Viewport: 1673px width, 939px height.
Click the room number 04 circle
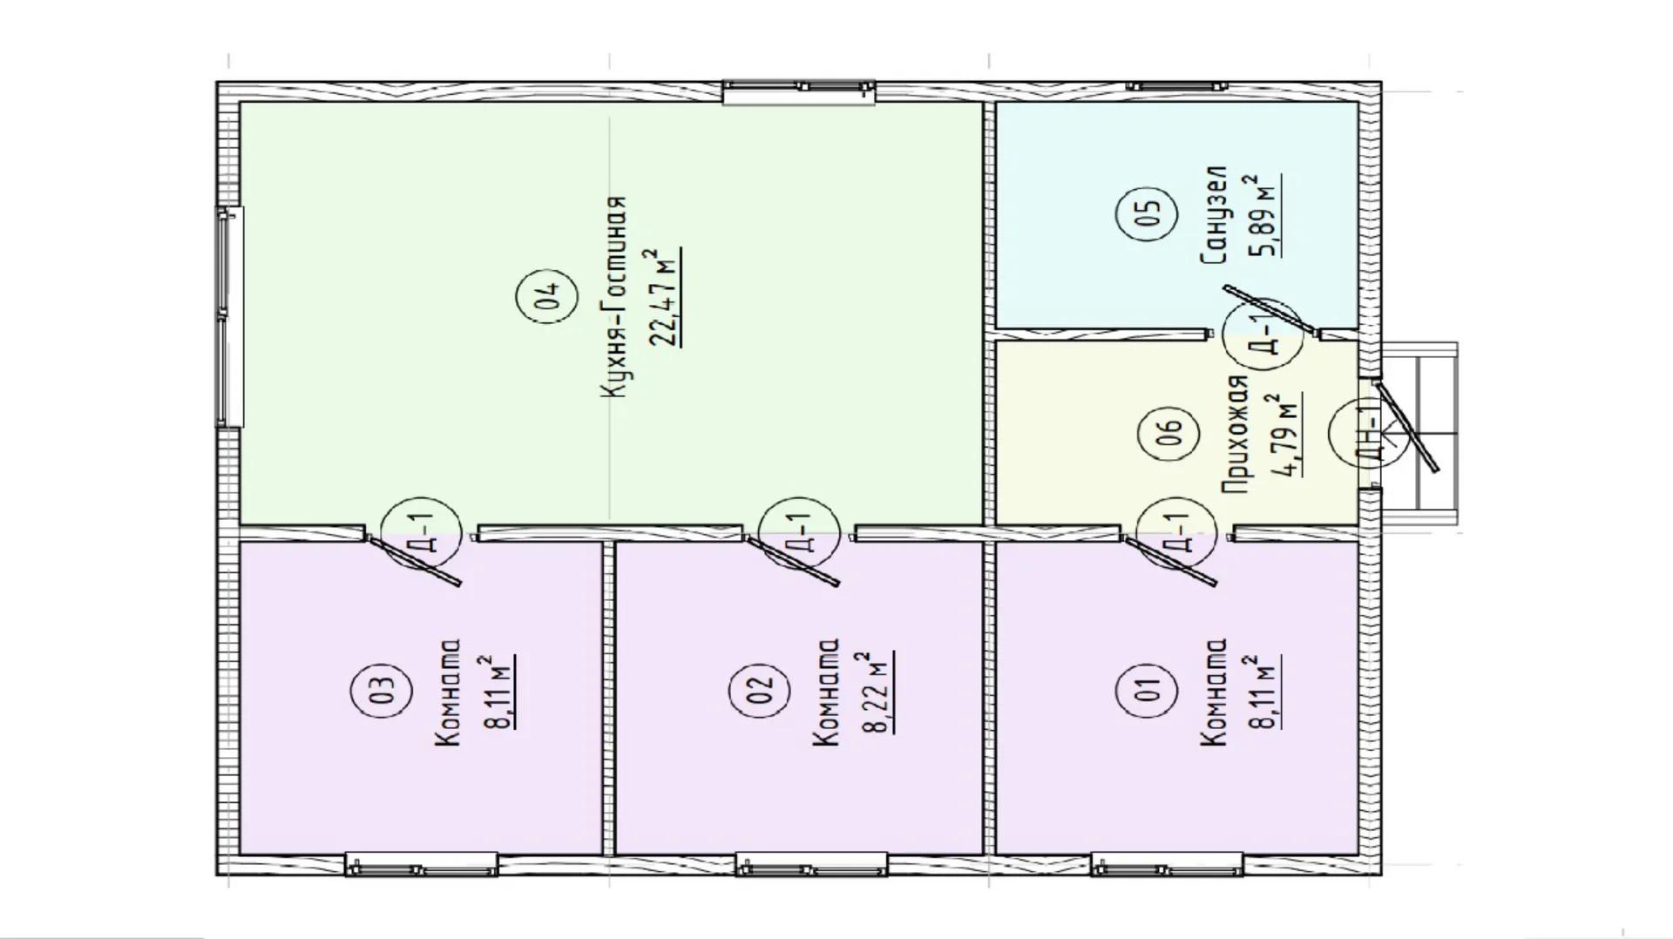tap(546, 299)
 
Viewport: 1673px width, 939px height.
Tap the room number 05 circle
tap(1148, 214)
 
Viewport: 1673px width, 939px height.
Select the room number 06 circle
tap(1170, 432)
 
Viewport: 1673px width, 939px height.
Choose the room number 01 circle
tap(1148, 691)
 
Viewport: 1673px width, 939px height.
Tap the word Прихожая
tap(1236, 436)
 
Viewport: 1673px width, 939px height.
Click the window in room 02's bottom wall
tap(811, 865)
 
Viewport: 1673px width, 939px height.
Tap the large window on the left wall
tap(230, 317)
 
